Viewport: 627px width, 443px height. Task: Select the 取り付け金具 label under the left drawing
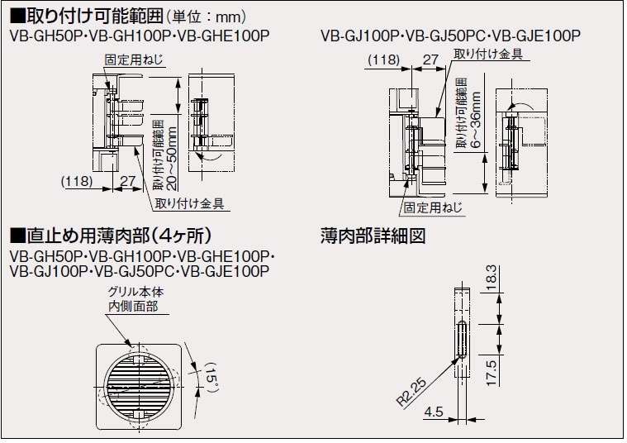[190, 202]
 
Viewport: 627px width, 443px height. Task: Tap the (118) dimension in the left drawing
[77, 180]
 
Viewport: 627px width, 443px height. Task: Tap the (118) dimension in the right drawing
[384, 60]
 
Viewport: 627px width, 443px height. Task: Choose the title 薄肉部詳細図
[372, 236]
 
